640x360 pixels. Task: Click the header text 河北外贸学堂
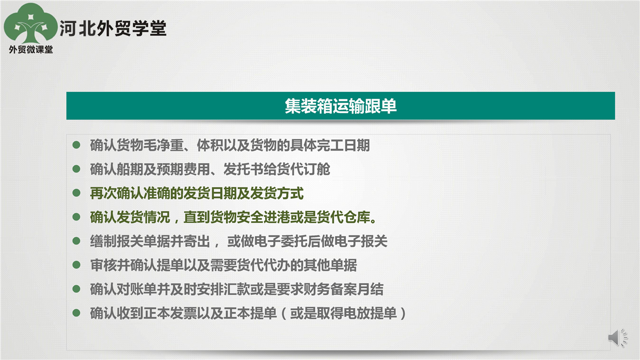coord(113,28)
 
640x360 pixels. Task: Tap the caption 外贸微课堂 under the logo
coord(31,49)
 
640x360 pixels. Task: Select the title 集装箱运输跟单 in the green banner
coord(340,106)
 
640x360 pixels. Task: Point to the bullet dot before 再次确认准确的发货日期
coord(76,193)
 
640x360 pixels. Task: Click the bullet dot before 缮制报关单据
coord(76,241)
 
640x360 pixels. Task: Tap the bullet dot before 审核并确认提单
coord(76,265)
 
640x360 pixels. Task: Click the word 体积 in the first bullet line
coord(210,145)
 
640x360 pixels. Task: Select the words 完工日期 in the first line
coord(343,145)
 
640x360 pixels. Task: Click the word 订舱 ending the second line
coord(316,169)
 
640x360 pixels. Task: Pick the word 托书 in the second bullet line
coord(250,169)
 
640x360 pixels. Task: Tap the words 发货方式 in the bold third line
coord(277,193)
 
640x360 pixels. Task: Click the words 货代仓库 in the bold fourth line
coord(343,217)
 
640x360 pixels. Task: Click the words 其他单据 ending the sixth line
coord(330,265)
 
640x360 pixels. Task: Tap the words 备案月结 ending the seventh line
coord(357,289)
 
